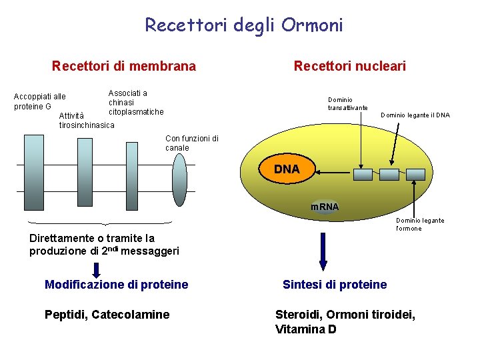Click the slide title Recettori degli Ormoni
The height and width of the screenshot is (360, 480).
pyautogui.click(x=244, y=25)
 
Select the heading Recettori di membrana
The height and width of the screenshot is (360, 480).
pyautogui.click(x=124, y=66)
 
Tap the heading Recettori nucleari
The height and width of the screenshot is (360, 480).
pyautogui.click(x=349, y=66)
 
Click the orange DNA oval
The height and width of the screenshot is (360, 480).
pyautogui.click(x=287, y=170)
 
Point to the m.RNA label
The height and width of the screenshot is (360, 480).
pyautogui.click(x=325, y=207)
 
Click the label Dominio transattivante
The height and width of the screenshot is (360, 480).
pyautogui.click(x=347, y=103)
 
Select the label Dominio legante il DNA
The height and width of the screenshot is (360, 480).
pyautogui.click(x=415, y=115)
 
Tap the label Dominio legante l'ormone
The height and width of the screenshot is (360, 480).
pyautogui.click(x=420, y=224)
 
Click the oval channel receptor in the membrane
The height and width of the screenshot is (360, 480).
pyautogui.click(x=179, y=181)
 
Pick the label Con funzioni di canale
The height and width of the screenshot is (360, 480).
pyautogui.click(x=191, y=143)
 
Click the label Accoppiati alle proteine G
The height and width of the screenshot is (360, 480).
pyautogui.click(x=39, y=101)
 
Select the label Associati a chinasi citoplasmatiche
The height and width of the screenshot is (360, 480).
pyautogui.click(x=135, y=102)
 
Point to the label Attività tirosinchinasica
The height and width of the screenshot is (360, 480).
pyautogui.click(x=86, y=121)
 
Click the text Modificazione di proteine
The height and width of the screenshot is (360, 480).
pyautogui.click(x=116, y=285)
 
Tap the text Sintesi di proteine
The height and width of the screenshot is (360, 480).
pyautogui.click(x=334, y=285)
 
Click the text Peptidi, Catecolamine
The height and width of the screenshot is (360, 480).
pyautogui.click(x=107, y=315)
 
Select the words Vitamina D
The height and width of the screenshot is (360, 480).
pyautogui.click(x=305, y=329)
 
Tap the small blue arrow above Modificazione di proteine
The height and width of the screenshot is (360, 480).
pyautogui.click(x=96, y=269)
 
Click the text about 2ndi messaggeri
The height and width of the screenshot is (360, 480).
pyautogui.click(x=104, y=245)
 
